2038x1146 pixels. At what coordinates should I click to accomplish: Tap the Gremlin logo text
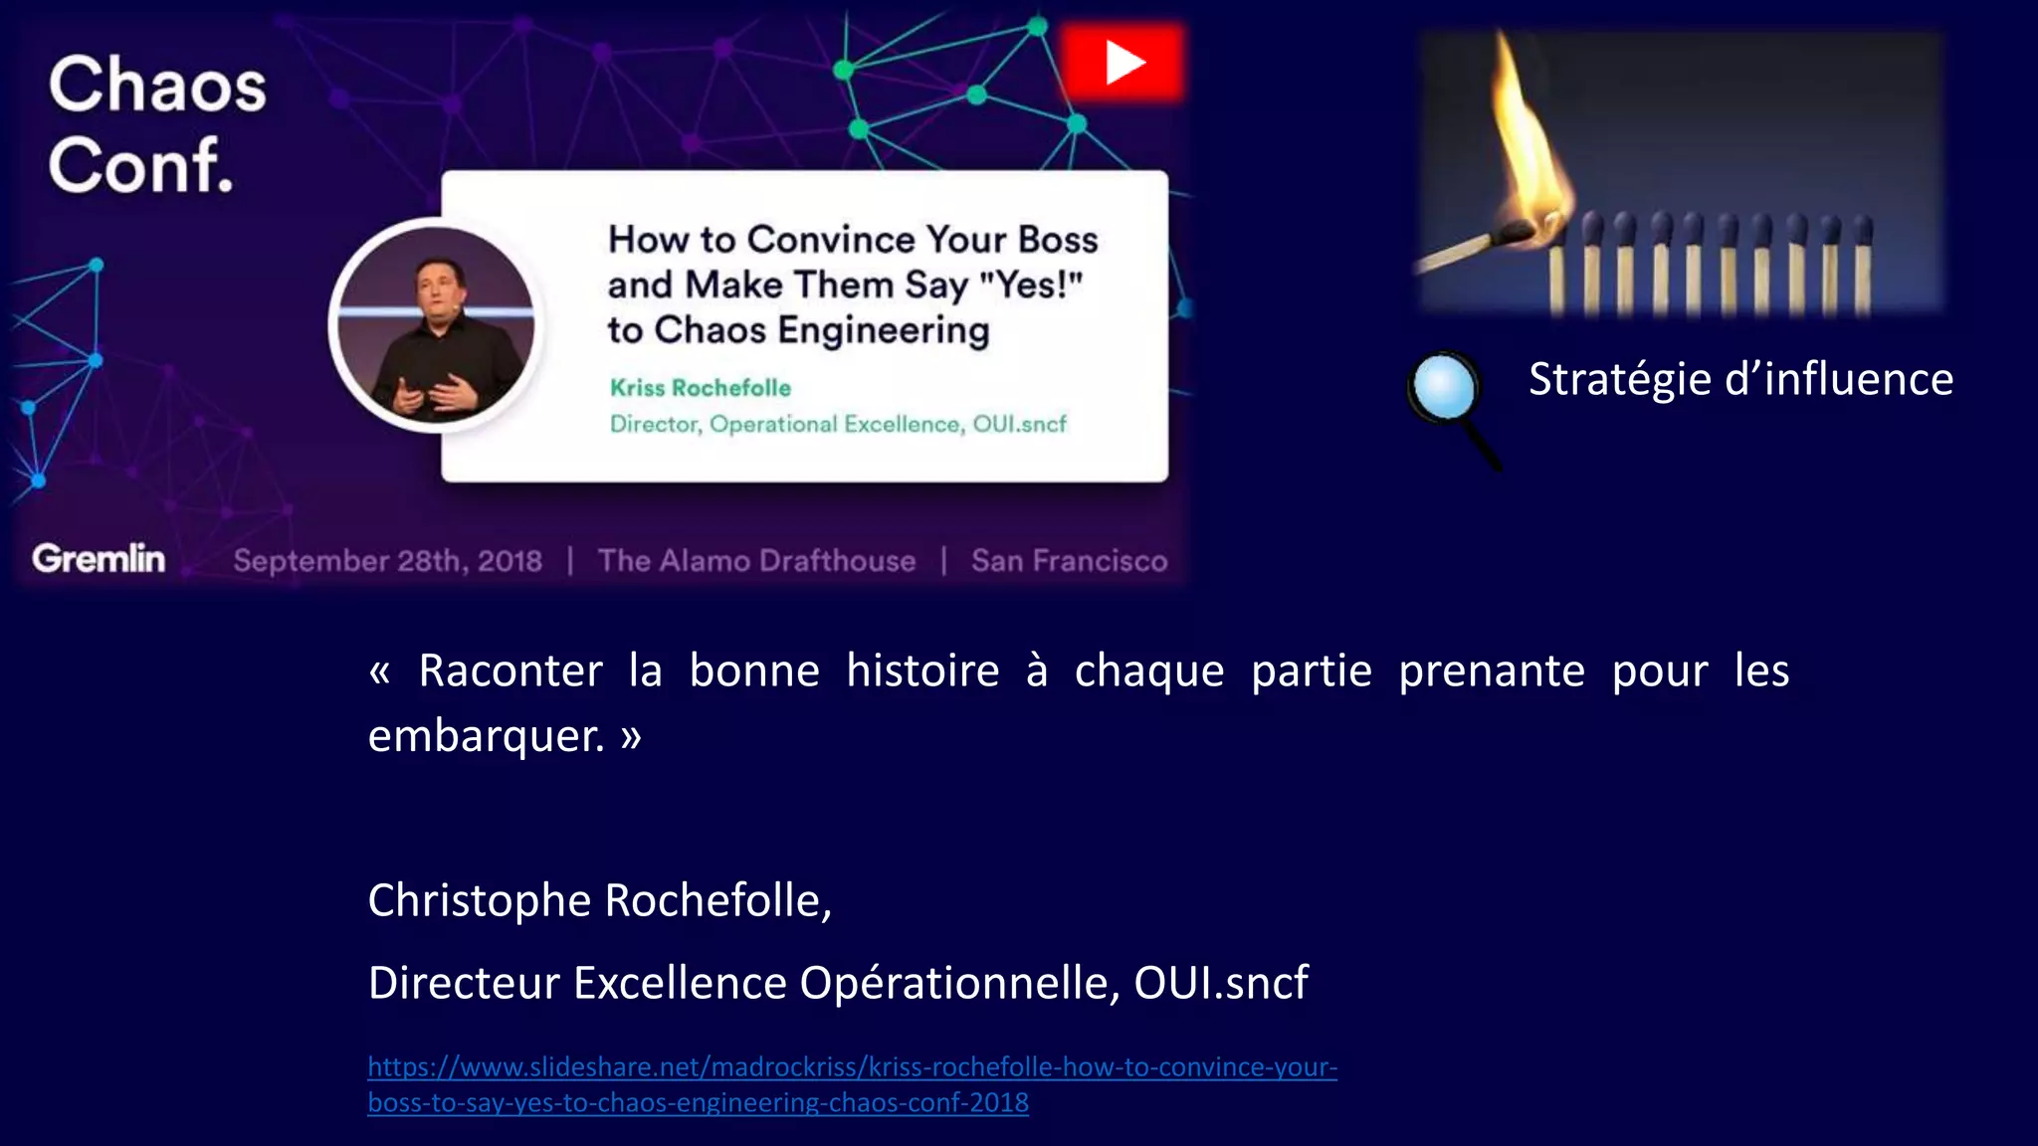tap(99, 559)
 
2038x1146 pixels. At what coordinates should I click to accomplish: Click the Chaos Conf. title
tap(157, 123)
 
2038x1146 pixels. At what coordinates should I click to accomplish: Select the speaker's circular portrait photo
tap(436, 325)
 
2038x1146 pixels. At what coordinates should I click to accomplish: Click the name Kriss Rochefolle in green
tap(700, 388)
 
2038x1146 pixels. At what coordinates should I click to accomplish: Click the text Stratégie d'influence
tap(1740, 379)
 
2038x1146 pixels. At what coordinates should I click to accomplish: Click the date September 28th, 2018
tap(387, 561)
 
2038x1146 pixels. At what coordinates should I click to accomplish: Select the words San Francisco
tap(1069, 561)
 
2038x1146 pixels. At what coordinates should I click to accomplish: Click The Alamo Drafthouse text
tap(756, 561)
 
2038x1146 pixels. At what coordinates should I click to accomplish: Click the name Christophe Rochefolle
tap(599, 900)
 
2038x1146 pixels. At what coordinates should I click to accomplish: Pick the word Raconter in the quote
tap(510, 670)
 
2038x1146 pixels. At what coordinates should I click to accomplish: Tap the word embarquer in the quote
tap(486, 736)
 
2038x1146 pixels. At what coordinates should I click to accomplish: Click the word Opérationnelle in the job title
tap(960, 983)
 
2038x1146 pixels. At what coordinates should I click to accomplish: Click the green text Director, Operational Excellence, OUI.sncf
tap(838, 424)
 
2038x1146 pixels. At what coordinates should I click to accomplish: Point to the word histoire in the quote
tap(922, 670)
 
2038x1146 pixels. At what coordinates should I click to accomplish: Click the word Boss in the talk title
tap(1058, 240)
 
